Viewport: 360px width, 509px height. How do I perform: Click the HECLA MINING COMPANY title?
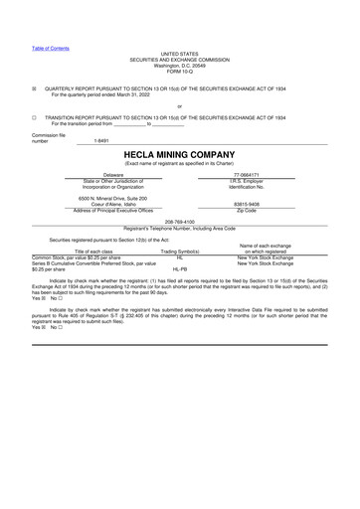(x=179, y=154)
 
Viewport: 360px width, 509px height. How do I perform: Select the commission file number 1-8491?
(x=101, y=141)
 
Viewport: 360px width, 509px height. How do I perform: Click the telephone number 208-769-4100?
(x=179, y=222)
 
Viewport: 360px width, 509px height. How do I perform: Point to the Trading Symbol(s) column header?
(x=180, y=252)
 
